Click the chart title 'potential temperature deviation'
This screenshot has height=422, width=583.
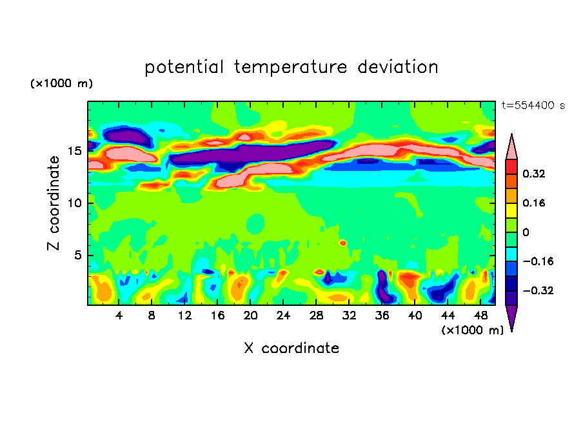click(x=291, y=67)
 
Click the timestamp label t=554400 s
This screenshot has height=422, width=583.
click(x=533, y=105)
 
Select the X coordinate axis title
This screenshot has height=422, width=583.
click(x=291, y=348)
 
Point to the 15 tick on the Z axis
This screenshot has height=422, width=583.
click(x=73, y=151)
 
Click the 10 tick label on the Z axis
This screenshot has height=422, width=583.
click(x=73, y=203)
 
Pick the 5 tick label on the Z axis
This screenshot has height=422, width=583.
click(x=76, y=256)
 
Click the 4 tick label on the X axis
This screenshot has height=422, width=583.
click(x=119, y=315)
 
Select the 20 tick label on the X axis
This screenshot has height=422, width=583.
click(x=251, y=315)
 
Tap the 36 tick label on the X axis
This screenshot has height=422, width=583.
click(x=382, y=315)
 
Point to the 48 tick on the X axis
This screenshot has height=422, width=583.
click(x=481, y=315)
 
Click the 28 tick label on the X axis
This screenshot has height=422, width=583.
click(x=317, y=315)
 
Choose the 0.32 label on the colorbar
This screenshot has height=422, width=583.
click(x=534, y=174)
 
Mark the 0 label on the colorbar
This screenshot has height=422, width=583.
click(x=526, y=232)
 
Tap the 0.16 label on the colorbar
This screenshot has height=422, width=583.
click(x=534, y=203)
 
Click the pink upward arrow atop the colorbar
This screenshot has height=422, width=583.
click(x=511, y=148)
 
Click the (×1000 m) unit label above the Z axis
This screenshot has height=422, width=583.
click(x=61, y=84)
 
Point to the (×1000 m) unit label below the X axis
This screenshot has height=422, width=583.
click(x=472, y=330)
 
